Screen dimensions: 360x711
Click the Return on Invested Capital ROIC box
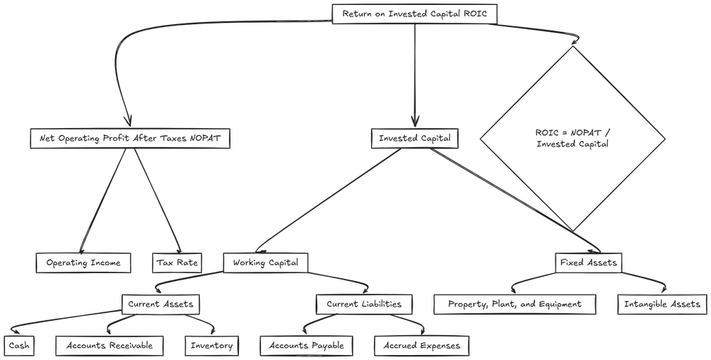click(415, 14)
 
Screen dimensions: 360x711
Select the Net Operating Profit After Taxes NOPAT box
click(130, 139)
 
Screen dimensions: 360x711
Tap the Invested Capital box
click(415, 139)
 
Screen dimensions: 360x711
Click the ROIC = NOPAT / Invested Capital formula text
click(572, 138)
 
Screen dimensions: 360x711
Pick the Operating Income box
click(84, 263)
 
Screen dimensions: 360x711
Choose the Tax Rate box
click(177, 263)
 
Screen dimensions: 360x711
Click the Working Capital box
click(266, 263)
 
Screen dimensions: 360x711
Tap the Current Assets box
click(160, 305)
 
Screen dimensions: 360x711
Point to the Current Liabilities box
click(364, 305)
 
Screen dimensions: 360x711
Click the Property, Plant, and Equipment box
click(515, 305)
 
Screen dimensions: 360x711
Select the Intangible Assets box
click(662, 305)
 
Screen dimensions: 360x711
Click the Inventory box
click(211, 346)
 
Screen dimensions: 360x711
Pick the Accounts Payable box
click(306, 346)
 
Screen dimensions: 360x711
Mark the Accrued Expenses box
click(422, 346)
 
